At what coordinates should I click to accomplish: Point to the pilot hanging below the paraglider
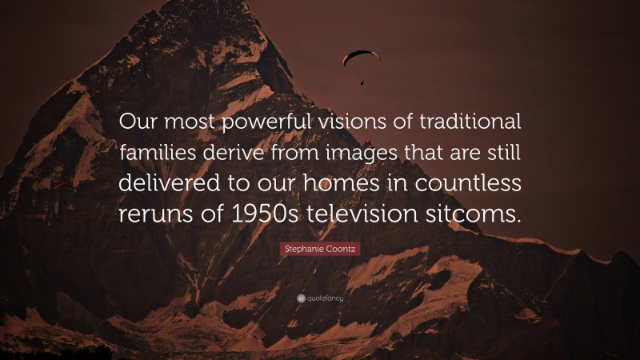362,81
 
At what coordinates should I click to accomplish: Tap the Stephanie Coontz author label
320,250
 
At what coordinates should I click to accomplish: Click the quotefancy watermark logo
320,298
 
